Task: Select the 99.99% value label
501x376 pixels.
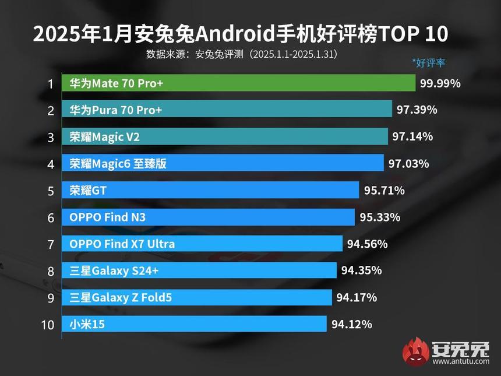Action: pos(440,83)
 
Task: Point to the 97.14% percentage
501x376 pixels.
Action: pos(412,137)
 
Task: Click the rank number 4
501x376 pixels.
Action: pos(51,164)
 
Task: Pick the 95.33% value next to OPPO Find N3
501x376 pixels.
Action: pos(380,217)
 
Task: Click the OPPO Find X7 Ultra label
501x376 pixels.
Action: pos(122,244)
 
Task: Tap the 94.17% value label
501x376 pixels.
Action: pos(357,297)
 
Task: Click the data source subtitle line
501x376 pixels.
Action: pos(242,54)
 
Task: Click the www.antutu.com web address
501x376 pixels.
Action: pos(461,362)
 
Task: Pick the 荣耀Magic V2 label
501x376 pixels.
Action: pos(104,137)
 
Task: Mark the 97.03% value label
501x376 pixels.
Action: pos(409,164)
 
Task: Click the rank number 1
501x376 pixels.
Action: pos(51,84)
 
